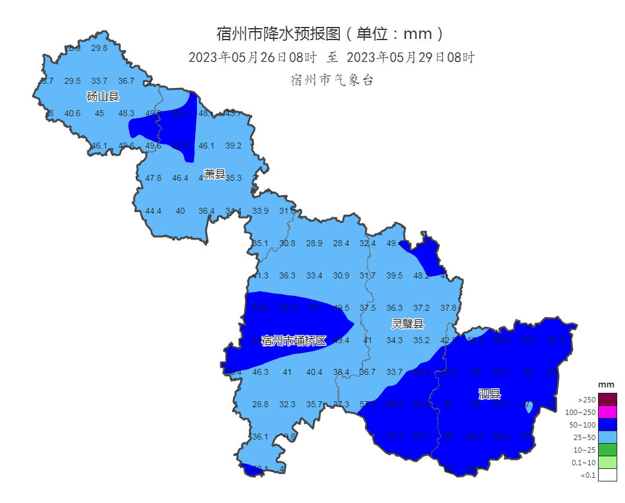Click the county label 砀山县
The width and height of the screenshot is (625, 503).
(x=103, y=96)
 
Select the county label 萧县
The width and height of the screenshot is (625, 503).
(x=214, y=175)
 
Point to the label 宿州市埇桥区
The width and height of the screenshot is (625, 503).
(x=294, y=341)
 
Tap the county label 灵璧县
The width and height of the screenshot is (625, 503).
(x=408, y=325)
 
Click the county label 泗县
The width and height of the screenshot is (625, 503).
(x=489, y=393)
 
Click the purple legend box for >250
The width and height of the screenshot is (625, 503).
(x=607, y=399)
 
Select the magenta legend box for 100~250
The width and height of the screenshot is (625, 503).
(x=607, y=412)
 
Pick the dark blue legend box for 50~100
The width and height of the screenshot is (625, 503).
(x=607, y=425)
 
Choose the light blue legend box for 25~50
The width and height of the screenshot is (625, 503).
(x=607, y=437)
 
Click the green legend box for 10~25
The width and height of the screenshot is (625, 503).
(x=607, y=450)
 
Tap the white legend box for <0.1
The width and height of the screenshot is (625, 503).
(x=607, y=475)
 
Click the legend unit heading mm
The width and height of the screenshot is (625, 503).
(x=606, y=384)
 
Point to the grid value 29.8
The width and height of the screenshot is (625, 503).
(x=99, y=49)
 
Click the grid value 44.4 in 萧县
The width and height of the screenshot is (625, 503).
(x=153, y=211)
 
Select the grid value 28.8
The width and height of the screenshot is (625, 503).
(x=260, y=404)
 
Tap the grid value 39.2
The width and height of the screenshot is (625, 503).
(x=233, y=146)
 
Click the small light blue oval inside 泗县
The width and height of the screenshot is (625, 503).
(x=528, y=408)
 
